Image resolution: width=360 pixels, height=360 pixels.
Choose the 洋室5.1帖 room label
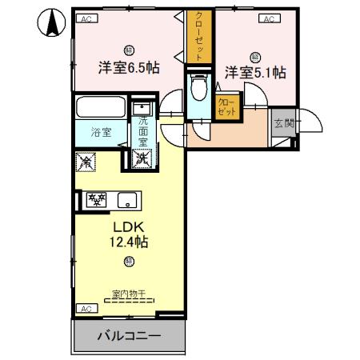pos(255,72)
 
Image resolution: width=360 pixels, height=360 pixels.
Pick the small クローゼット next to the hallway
pos(226,107)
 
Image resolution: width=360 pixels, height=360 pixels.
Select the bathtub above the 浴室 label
pos(99,107)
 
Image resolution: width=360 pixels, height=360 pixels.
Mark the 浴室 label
pos(99,131)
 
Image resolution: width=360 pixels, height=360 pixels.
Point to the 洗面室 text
pos(143,132)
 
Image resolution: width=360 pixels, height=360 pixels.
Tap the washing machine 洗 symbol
pos(141,159)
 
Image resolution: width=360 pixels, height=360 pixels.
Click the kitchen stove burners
pos(97,199)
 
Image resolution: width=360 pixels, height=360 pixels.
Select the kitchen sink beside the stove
pos(126,199)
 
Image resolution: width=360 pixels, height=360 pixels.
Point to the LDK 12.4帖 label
pos(127,233)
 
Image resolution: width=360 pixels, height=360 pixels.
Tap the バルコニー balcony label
pos(130,336)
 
